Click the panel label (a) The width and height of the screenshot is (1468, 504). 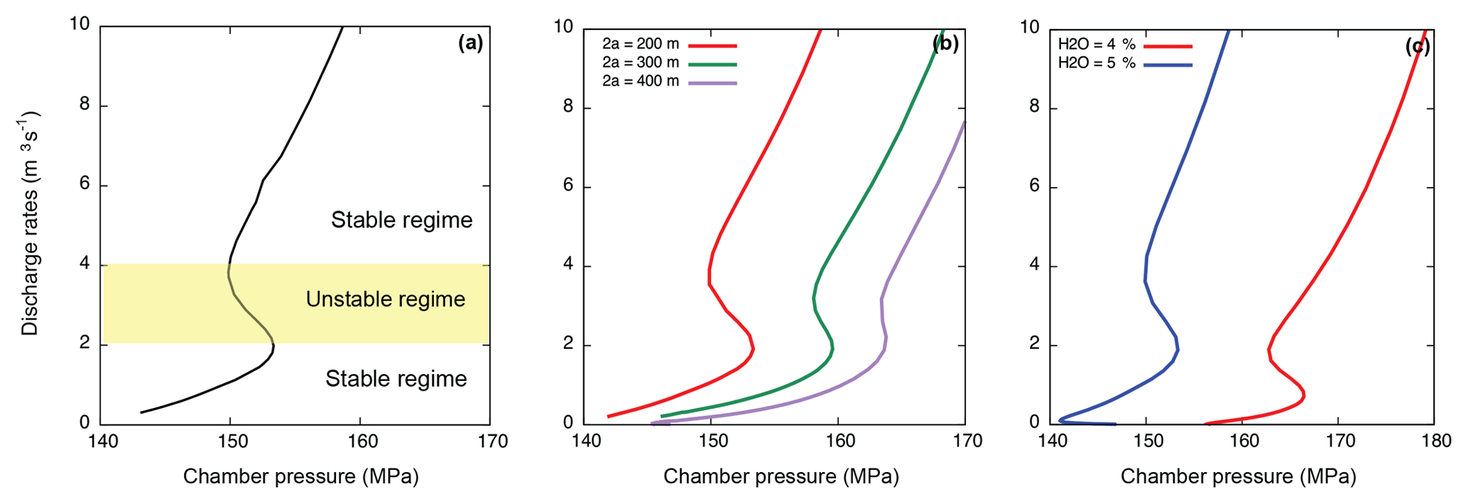[470, 43]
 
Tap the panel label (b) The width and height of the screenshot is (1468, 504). [945, 44]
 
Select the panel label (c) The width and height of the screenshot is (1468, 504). [1417, 46]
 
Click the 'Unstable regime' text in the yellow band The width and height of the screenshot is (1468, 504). [386, 299]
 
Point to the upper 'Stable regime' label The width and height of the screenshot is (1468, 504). [401, 220]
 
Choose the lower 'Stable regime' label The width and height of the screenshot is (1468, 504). [396, 379]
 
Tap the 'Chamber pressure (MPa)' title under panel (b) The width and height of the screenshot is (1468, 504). [781, 476]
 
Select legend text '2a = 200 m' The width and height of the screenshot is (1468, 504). [641, 45]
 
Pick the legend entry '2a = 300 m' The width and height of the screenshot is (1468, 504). [641, 63]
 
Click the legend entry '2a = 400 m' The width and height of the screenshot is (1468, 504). [641, 82]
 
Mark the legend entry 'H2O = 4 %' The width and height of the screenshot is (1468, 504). [1097, 45]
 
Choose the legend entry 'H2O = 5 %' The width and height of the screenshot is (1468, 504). [1097, 63]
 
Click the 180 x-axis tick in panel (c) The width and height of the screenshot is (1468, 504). [1436, 441]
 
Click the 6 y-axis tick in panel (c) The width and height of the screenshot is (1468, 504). [1034, 186]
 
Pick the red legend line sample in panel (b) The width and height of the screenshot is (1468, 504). [712, 45]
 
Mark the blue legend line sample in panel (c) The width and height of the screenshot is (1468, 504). [1168, 65]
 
